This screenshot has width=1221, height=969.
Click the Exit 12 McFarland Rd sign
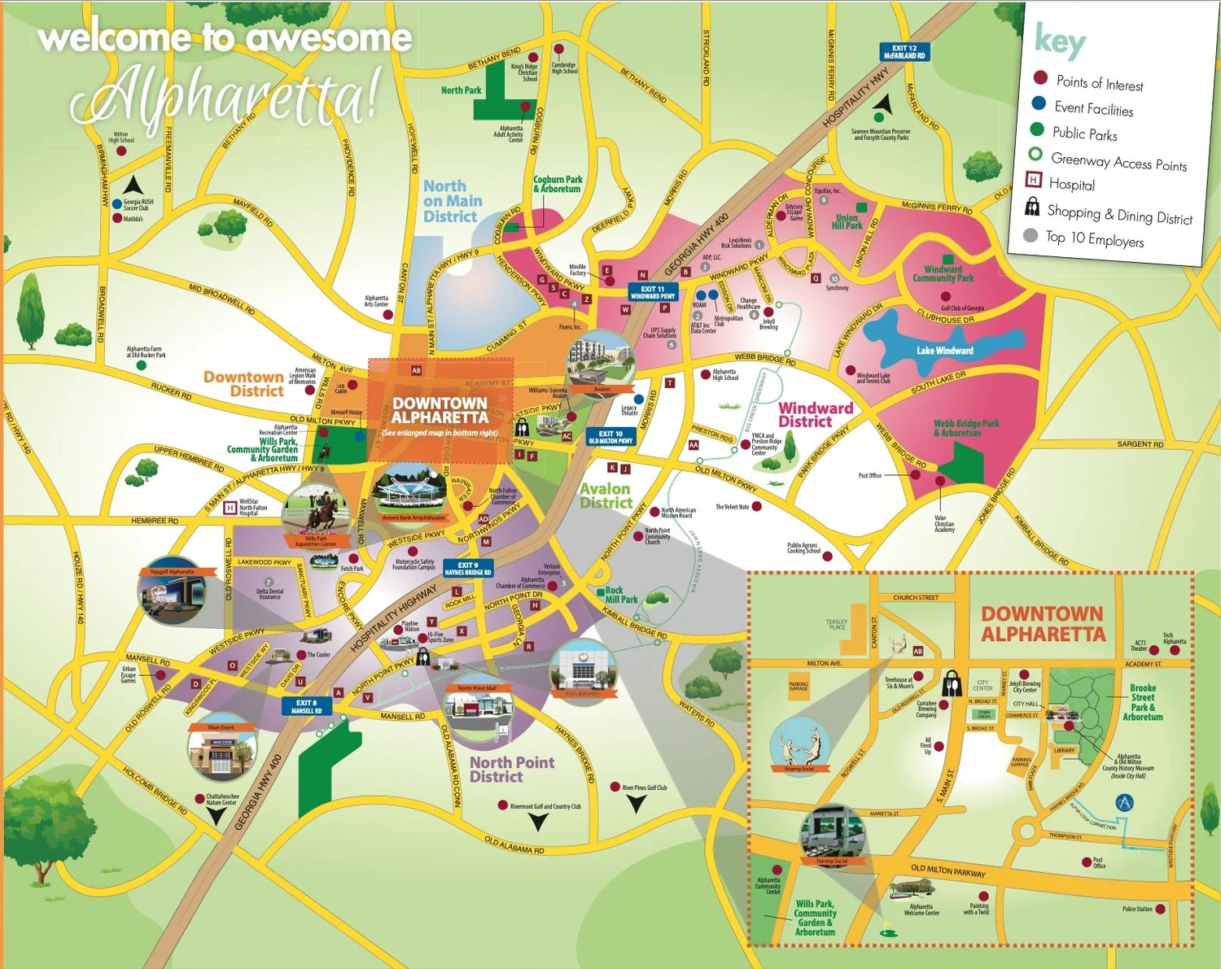pyautogui.click(x=904, y=52)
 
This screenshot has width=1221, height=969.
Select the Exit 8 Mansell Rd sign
pyautogui.click(x=307, y=706)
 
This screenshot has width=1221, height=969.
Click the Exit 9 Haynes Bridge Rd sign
pyautogui.click(x=467, y=569)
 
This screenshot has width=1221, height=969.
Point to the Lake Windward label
pyautogui.click(x=944, y=351)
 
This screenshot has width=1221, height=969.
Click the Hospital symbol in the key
pyautogui.click(x=1033, y=181)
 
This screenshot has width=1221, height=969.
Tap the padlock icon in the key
pyautogui.click(x=1031, y=207)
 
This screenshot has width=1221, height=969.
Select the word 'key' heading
pyautogui.click(x=1059, y=41)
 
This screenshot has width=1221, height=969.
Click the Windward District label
pyautogui.click(x=815, y=415)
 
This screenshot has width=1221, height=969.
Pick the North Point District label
pyautogui.click(x=511, y=769)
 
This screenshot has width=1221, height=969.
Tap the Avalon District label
pyautogui.click(x=605, y=495)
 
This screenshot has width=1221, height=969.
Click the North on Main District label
pyautogui.click(x=452, y=202)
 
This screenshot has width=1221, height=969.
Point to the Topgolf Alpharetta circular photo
pyautogui.click(x=172, y=591)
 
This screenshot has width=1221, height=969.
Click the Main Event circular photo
pyautogui.click(x=221, y=752)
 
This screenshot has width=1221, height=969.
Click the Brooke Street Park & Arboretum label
pyautogui.click(x=1142, y=702)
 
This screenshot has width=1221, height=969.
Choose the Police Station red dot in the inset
pyautogui.click(x=1160, y=909)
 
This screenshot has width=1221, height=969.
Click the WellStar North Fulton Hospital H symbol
pyautogui.click(x=230, y=509)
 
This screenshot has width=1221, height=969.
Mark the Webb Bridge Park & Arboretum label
pyautogui.click(x=965, y=429)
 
